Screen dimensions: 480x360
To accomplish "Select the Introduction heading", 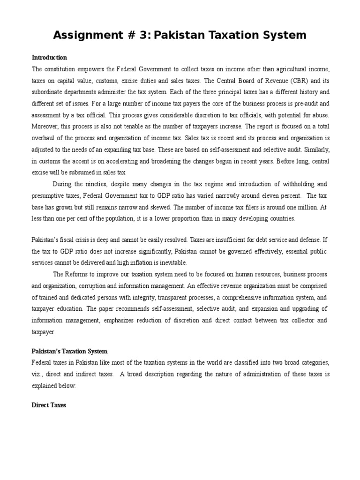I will click(49, 58).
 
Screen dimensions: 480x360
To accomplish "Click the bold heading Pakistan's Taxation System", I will click(69, 351).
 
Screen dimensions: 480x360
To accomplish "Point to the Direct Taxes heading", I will click(49, 405).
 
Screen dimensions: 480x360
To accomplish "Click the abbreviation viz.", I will click(38, 375).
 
